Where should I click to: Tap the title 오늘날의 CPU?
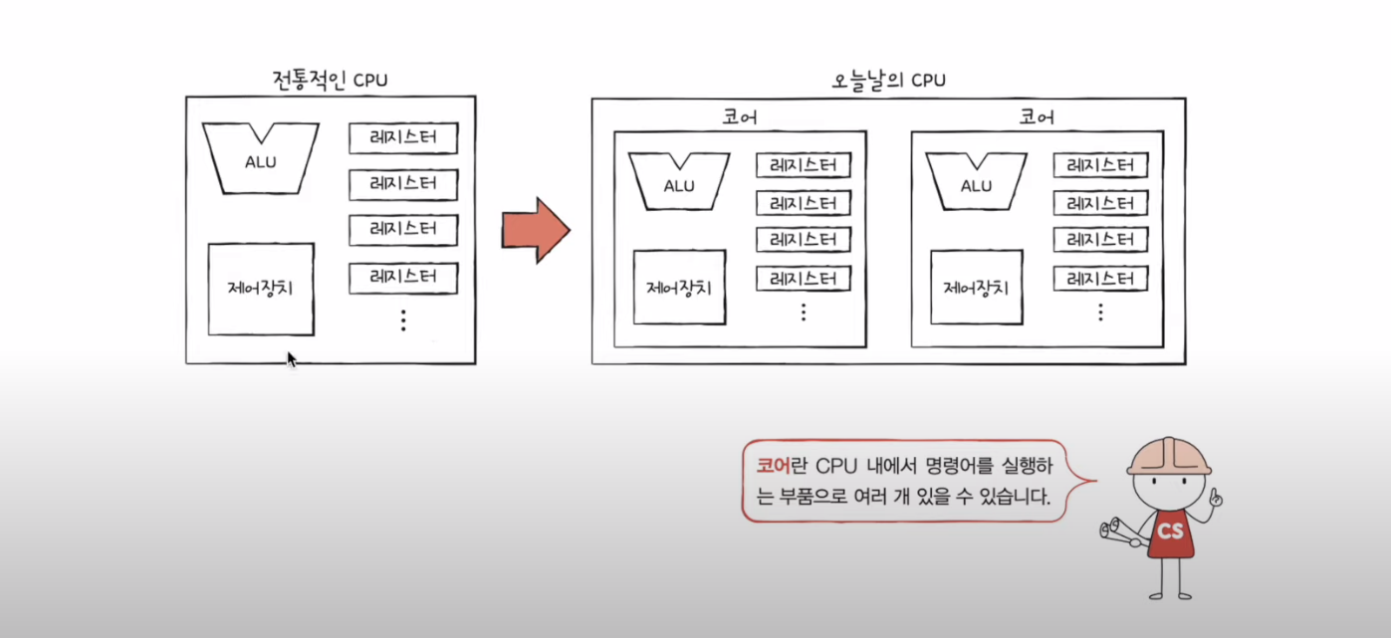[888, 82]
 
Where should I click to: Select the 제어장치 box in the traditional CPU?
[261, 289]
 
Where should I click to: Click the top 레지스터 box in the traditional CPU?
[403, 139]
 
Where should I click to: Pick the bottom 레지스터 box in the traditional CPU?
[403, 278]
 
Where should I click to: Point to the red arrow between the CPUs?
[535, 229]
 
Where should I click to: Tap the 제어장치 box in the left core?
[679, 288]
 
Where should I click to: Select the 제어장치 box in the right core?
[976, 288]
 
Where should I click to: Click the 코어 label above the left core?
[739, 117]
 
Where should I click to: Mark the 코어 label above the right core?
[1037, 117]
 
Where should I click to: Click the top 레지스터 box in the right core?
[1100, 166]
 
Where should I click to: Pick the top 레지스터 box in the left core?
[803, 166]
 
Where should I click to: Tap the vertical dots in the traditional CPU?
[403, 319]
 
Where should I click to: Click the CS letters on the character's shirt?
[1170, 532]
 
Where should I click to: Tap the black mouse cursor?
[291, 359]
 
